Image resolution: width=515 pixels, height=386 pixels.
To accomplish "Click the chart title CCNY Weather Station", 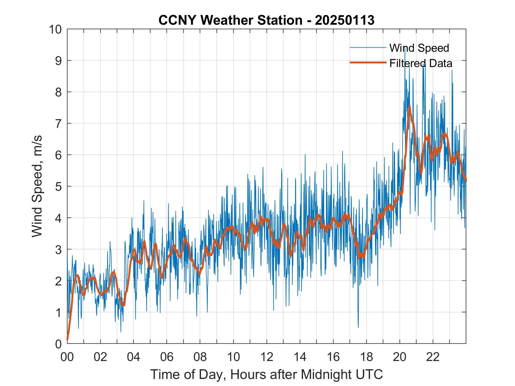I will coord(266,20).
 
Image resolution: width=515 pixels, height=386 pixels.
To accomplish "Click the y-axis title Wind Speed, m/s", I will coord(37,186).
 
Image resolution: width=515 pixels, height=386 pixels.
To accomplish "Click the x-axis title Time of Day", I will coord(266,375).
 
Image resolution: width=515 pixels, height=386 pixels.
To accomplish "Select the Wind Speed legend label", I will coord(419,48).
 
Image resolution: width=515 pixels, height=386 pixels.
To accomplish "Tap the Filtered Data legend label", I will coord(421,63).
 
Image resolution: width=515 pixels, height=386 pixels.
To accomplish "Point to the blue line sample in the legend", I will coord(368,48).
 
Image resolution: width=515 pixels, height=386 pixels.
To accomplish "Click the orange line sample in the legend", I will coord(368,63).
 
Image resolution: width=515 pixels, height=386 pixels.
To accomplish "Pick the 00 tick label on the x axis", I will coord(67,357).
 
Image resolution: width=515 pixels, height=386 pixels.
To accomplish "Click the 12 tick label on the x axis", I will coord(267,357).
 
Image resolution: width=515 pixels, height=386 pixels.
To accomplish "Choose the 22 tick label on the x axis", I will coord(433,357).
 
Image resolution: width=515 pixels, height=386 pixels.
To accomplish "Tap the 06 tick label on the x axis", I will coord(167,357).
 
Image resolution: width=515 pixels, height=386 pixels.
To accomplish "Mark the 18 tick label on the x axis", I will coord(366,357).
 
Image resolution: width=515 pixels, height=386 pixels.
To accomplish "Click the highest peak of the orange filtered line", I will coord(409,106).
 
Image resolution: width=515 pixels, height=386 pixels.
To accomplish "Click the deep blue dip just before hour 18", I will coord(358,327).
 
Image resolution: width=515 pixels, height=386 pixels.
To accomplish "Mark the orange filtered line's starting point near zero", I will coord(67,339).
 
